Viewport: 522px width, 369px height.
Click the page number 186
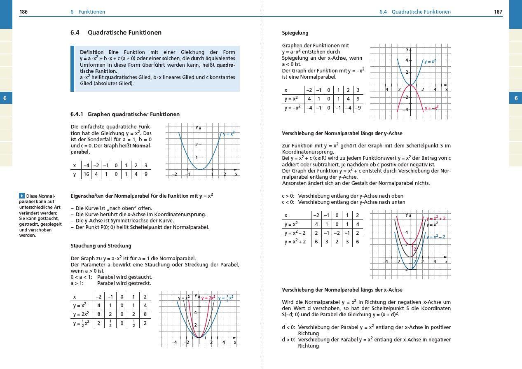tap(23, 12)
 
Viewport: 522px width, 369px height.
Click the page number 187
tap(498, 12)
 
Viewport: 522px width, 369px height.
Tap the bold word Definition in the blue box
tap(92, 52)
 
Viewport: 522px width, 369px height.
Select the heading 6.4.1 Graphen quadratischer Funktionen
tap(125, 114)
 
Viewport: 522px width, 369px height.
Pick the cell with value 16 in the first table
tap(86, 174)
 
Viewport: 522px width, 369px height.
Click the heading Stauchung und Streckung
tap(101, 246)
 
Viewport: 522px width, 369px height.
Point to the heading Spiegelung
tap(295, 33)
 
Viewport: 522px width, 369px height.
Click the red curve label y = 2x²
tap(208, 298)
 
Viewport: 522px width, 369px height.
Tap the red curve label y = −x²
tap(431, 108)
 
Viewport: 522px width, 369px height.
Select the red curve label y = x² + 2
tap(436, 218)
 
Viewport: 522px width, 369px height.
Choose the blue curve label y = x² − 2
tap(436, 237)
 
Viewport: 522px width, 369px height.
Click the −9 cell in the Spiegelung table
tap(358, 108)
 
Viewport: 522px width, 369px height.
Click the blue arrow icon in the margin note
tap(22, 196)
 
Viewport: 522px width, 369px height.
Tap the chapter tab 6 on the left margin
tap(5, 98)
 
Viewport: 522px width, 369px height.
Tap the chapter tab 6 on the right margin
tap(516, 98)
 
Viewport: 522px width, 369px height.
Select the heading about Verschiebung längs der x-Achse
tap(342, 290)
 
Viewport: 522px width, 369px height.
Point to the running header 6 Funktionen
tap(88, 12)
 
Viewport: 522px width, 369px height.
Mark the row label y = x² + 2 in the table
tap(295, 242)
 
